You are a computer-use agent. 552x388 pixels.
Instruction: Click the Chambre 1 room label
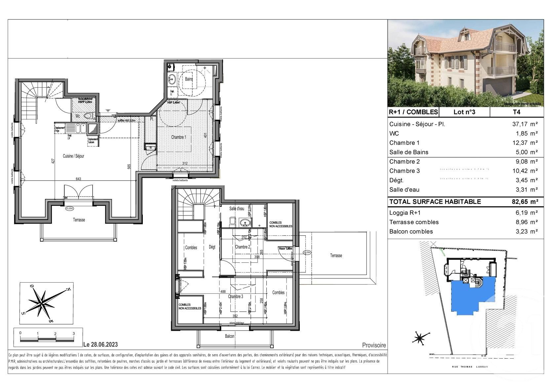[x=178, y=137]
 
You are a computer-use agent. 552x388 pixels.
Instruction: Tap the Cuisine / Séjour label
[x=73, y=156]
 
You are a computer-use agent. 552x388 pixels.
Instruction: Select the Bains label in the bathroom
[x=189, y=79]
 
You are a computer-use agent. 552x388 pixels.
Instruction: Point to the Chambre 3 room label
[x=235, y=296]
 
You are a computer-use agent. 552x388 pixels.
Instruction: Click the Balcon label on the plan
[x=230, y=336]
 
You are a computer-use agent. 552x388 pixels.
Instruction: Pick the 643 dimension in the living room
[x=78, y=179]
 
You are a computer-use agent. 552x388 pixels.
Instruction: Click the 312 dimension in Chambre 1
[x=185, y=163]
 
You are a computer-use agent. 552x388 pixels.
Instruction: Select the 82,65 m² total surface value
[x=525, y=202]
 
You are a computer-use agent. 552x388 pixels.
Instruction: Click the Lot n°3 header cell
[x=464, y=112]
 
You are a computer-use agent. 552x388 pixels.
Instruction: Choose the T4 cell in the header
[x=516, y=112]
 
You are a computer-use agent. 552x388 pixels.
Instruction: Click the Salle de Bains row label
[x=409, y=152]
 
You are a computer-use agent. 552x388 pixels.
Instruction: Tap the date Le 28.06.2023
[x=100, y=345]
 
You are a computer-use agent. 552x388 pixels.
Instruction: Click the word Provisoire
[x=374, y=345]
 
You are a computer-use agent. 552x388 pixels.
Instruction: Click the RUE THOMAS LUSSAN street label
[x=470, y=367]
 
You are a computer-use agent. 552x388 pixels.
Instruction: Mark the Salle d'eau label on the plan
[x=237, y=209]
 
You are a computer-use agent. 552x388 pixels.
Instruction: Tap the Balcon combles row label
[x=411, y=232]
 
